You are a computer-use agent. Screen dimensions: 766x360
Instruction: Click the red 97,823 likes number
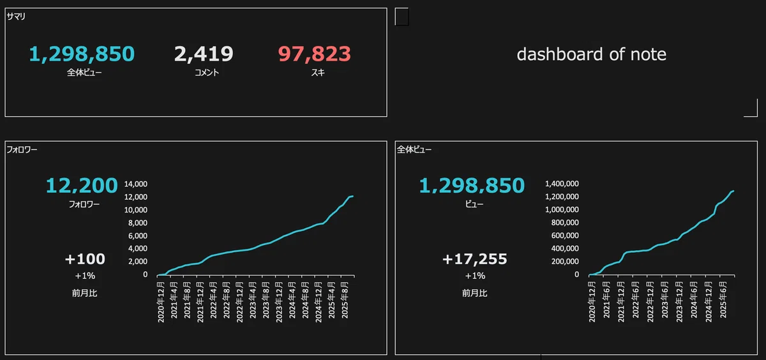click(314, 54)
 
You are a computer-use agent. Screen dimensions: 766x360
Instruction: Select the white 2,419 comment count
click(204, 54)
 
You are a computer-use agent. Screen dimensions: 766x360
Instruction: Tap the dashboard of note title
click(591, 54)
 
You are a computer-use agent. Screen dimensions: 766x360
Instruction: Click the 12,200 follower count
click(82, 186)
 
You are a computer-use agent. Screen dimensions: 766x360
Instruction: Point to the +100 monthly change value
click(85, 259)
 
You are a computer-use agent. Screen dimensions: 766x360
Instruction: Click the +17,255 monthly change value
click(475, 259)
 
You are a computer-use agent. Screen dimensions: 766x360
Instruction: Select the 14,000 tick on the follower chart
click(136, 184)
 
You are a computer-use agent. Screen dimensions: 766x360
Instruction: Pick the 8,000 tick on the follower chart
click(138, 223)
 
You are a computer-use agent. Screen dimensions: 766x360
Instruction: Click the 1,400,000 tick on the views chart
click(562, 184)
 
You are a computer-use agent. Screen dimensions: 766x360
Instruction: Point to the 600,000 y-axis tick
click(565, 236)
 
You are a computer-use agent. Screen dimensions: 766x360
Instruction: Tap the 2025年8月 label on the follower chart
click(345, 300)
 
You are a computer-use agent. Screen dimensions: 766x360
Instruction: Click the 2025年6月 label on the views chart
click(723, 300)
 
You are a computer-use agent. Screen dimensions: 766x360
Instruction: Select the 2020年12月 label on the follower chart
click(161, 302)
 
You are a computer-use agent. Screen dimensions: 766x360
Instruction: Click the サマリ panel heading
click(16, 17)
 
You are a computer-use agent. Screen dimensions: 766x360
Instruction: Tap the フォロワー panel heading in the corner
click(22, 149)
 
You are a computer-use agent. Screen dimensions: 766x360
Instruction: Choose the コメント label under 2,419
click(207, 73)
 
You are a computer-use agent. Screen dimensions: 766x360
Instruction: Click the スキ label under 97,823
click(318, 73)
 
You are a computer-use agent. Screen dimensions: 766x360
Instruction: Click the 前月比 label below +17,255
click(475, 293)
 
